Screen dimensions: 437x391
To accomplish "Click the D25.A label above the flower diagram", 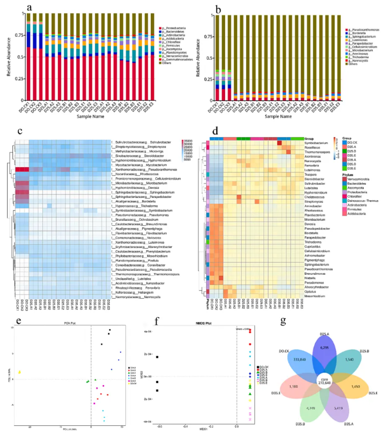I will [x=324, y=332].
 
